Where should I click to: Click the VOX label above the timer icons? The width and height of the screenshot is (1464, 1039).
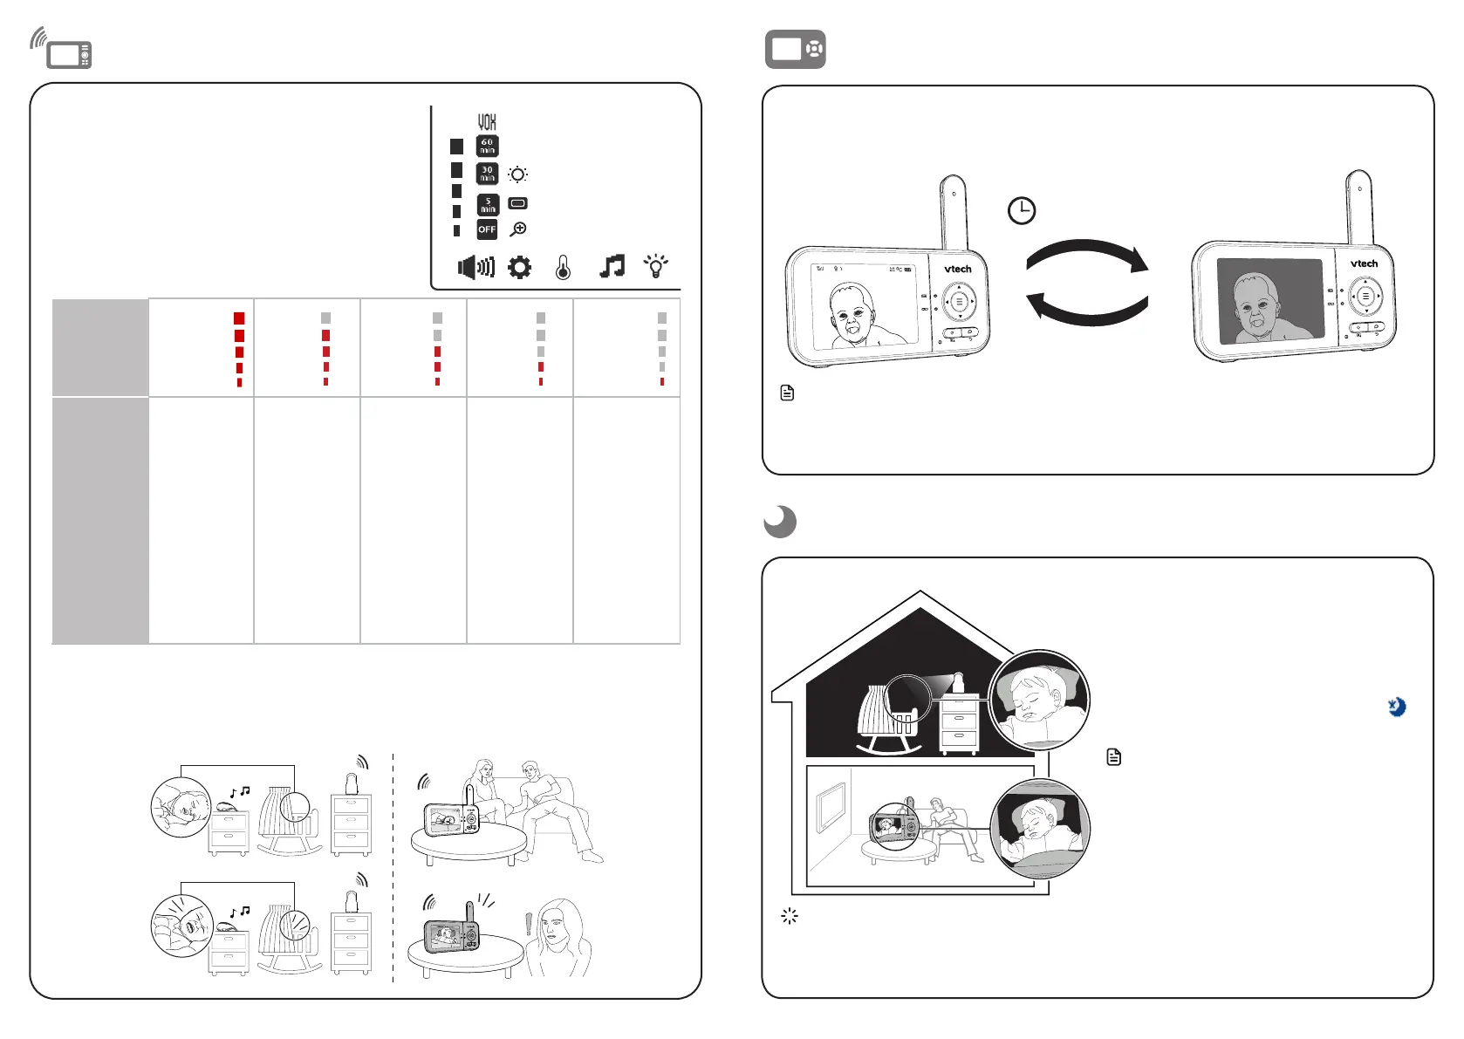pos(486,122)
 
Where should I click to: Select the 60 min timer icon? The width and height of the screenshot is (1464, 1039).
pos(487,146)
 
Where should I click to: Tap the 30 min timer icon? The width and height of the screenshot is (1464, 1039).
pos(487,174)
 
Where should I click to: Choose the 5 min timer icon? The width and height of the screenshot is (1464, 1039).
pos(487,204)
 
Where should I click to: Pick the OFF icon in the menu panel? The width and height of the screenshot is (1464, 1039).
pos(487,229)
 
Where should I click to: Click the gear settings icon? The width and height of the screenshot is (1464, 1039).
pos(519,267)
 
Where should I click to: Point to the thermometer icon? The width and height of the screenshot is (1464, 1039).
pos(563,267)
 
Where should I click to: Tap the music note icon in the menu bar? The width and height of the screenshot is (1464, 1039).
pos(612,266)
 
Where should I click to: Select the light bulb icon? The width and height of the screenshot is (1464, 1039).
pos(655,266)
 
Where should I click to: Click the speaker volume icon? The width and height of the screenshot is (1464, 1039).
pos(475,267)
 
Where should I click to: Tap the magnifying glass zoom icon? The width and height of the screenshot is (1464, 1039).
pos(518,229)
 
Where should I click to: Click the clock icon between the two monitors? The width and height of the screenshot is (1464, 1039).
pos(1022,210)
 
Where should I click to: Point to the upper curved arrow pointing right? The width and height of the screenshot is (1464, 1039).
pos(1087,254)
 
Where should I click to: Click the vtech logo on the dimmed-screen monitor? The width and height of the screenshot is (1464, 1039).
pos(1364,263)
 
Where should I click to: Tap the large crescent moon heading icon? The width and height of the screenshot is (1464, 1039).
pos(780,522)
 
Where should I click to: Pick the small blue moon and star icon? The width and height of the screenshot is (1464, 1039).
pos(1397,707)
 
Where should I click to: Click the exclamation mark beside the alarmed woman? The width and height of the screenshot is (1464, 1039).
pos(528,924)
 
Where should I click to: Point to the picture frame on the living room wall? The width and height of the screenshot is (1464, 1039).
pos(830,807)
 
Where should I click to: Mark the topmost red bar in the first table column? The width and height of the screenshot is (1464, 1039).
pos(239,318)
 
